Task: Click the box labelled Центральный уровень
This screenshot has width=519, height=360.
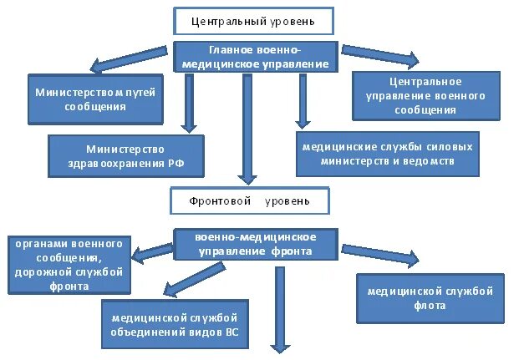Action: (253, 20)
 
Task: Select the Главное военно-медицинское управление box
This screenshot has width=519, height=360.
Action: (257, 57)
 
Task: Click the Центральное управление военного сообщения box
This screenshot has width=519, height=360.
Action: (425, 96)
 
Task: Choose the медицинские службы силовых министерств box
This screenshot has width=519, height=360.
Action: (388, 154)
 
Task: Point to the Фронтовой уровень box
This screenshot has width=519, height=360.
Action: (250, 200)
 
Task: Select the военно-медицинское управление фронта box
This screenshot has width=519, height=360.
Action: (255, 244)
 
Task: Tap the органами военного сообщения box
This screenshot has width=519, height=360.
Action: (69, 264)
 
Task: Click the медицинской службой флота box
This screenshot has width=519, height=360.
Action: (430, 298)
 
